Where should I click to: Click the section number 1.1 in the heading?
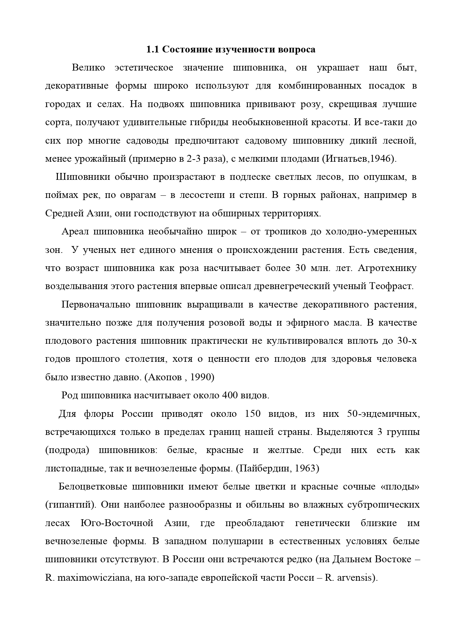(152, 50)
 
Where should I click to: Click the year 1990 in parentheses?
(200, 377)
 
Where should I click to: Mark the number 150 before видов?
(253, 414)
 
